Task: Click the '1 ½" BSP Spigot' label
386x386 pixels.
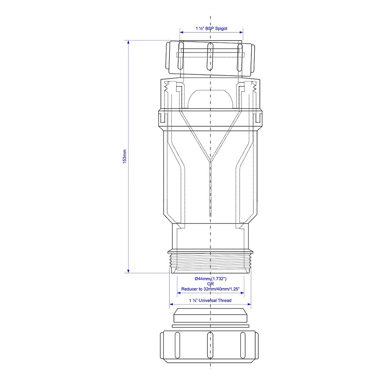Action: [x=212, y=29]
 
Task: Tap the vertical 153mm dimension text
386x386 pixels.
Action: [x=125, y=156]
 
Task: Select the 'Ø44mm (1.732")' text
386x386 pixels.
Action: [x=210, y=279]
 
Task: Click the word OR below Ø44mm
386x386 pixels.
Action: [x=210, y=284]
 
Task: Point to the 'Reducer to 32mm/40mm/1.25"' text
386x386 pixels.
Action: [x=210, y=289]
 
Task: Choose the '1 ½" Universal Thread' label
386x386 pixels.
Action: [x=210, y=300]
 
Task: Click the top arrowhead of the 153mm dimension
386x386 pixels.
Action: [x=128, y=42]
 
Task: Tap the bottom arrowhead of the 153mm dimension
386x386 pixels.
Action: [x=128, y=271]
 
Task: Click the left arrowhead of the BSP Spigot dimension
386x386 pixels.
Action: [x=182, y=32]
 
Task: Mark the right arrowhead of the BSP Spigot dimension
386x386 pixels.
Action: [x=241, y=32]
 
